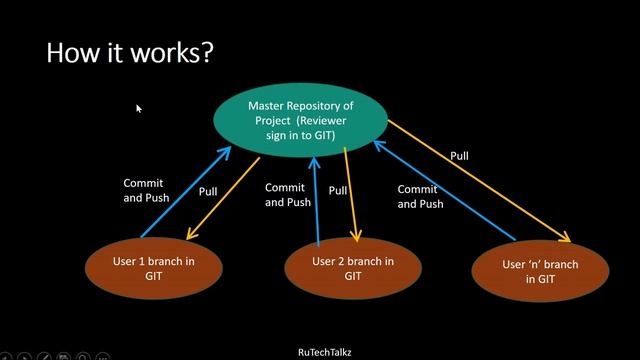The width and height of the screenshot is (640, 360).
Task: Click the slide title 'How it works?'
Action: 129,52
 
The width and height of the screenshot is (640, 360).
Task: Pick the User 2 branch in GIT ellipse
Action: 353,268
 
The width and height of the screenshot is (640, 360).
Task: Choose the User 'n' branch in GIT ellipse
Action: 539,272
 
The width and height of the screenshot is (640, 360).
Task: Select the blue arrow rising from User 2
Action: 316,200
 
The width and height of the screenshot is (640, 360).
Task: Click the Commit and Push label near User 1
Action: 146,190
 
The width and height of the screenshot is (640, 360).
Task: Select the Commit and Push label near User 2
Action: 288,195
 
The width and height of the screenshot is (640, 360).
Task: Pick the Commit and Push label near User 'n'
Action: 420,196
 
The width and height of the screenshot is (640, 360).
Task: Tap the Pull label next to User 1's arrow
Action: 208,191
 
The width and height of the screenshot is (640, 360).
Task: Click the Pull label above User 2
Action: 338,190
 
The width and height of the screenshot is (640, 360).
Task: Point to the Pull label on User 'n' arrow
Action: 459,156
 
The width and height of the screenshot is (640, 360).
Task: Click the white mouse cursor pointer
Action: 139,108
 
